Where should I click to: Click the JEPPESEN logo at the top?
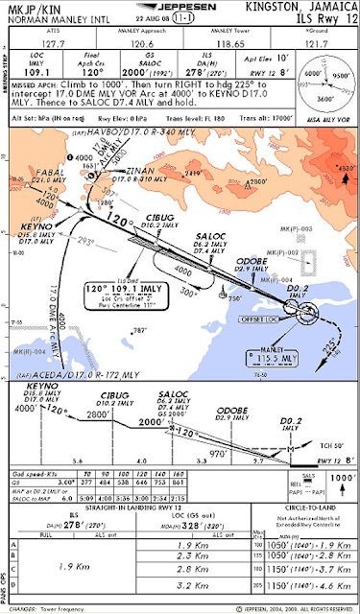click(x=179, y=7)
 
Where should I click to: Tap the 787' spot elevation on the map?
click(x=145, y=331)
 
